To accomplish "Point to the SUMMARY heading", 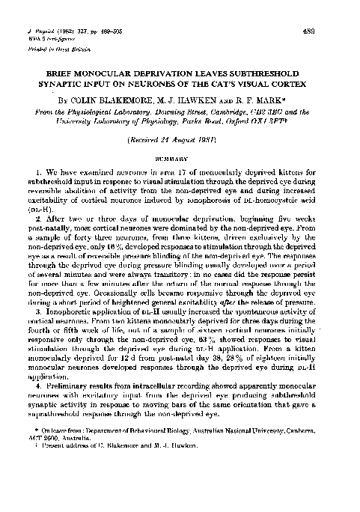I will (180, 158).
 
